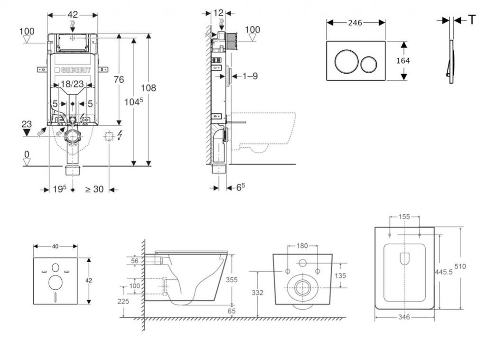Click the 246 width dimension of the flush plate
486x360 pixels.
[355, 23]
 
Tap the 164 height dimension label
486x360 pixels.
[402, 60]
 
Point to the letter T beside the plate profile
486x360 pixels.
[472, 19]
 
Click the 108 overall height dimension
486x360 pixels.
[148, 88]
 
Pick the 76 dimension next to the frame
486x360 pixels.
[118, 79]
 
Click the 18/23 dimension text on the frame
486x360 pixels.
[73, 84]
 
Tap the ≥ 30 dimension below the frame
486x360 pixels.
[94, 189]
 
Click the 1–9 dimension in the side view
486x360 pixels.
[249, 76]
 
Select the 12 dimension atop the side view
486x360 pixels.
[218, 13]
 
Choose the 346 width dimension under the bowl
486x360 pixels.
[404, 317]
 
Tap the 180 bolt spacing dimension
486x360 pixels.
[302, 246]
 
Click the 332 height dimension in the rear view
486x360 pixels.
[257, 293]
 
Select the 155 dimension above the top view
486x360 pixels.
[404, 217]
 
